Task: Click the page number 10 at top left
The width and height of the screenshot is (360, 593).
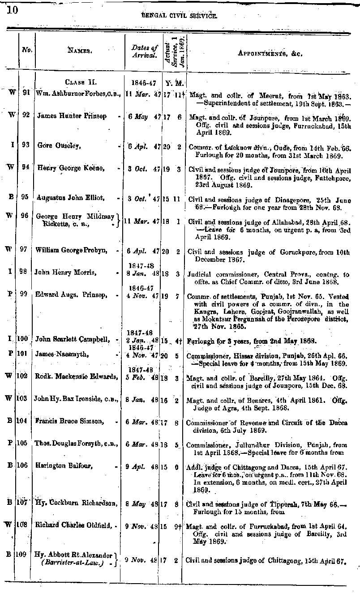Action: coord(12,10)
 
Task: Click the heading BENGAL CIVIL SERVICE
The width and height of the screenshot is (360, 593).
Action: coord(179,16)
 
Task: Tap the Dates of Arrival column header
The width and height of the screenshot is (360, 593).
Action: coord(145,51)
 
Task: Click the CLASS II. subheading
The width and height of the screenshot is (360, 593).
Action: coord(81,82)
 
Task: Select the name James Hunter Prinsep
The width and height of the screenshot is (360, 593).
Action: coord(72,116)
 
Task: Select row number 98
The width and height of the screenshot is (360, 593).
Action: coord(26,272)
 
